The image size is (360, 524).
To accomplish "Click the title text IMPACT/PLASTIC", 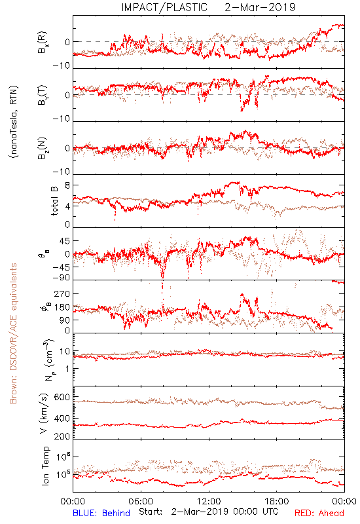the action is (x=164, y=7).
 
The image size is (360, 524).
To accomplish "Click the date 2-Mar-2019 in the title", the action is (x=260, y=7).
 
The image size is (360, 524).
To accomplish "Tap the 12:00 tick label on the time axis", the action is (x=209, y=501).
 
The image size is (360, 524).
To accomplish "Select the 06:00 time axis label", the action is (x=141, y=501).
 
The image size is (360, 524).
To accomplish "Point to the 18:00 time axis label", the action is (x=277, y=501).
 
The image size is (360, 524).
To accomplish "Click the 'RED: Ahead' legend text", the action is (x=319, y=513).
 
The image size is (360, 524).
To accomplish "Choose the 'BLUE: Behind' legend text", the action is (x=101, y=513).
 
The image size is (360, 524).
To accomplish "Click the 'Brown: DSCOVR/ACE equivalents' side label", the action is (x=13, y=333).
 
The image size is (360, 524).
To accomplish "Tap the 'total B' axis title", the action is (x=54, y=201).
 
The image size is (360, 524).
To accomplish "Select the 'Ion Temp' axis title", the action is (x=45, y=466).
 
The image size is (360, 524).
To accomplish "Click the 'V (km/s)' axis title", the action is (x=44, y=413).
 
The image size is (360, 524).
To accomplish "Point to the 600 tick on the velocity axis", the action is (x=62, y=397).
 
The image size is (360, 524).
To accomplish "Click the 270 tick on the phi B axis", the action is (x=62, y=293).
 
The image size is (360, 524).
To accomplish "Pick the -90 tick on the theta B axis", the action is (x=61, y=278).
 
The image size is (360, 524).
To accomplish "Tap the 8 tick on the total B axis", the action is (x=67, y=185).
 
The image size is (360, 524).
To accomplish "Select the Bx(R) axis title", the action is (x=43, y=43).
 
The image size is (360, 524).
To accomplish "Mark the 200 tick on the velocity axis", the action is (x=62, y=436).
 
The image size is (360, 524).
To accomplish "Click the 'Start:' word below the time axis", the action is (x=151, y=512).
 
